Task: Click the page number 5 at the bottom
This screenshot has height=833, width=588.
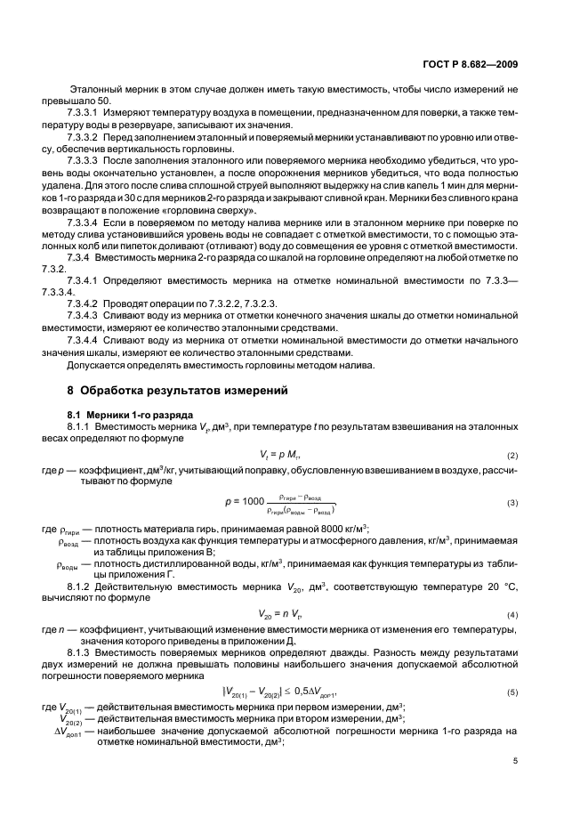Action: [515, 760]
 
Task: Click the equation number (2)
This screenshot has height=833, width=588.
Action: [511, 455]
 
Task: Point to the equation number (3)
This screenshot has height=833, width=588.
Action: [511, 503]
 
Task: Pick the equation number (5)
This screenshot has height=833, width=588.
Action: [511, 667]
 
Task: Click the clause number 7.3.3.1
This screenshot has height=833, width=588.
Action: [84, 113]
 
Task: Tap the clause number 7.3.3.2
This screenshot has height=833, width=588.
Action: [84, 138]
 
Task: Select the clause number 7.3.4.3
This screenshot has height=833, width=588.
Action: [84, 315]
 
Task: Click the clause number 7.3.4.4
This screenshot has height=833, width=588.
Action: [84, 340]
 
